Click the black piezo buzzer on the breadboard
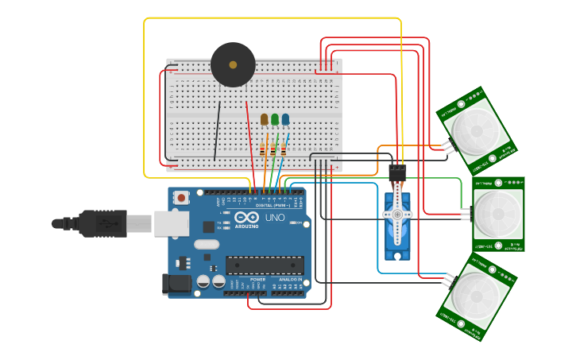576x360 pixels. [x=233, y=65]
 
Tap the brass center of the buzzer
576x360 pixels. [x=233, y=64]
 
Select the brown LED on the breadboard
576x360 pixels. [x=264, y=119]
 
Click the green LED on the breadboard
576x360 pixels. [x=275, y=119]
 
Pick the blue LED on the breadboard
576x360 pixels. [x=285, y=119]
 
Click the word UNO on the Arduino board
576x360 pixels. [x=275, y=218]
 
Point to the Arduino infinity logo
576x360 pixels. [x=246, y=218]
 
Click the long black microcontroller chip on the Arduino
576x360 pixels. [x=265, y=265]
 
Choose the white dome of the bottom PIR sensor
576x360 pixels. [x=475, y=296]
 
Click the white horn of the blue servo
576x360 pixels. [x=396, y=214]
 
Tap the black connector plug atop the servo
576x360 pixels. [x=397, y=172]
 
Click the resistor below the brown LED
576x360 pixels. [x=263, y=149]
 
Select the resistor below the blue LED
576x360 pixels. [x=283, y=149]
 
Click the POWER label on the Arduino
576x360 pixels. [x=258, y=279]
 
